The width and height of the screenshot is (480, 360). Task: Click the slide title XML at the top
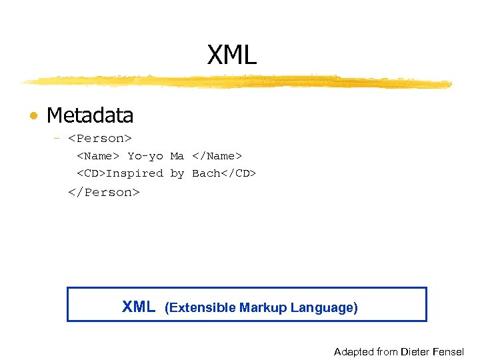(231, 55)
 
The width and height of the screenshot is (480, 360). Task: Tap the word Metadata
(90, 115)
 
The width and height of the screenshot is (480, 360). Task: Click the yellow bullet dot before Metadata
(33, 117)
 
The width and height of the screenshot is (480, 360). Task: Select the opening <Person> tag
(100, 139)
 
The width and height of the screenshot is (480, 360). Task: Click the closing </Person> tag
(103, 192)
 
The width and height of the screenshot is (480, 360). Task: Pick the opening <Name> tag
(98, 156)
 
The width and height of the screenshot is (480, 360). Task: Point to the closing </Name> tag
(217, 156)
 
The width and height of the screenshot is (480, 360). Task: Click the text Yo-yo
(145, 156)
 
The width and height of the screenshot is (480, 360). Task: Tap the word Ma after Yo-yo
(177, 156)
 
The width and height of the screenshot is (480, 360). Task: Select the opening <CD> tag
(91, 173)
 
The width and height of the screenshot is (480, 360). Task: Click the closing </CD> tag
(239, 173)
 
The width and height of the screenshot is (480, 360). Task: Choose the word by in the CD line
(177, 173)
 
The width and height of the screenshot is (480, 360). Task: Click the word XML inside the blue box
(139, 307)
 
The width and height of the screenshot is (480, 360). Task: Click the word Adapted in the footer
(354, 351)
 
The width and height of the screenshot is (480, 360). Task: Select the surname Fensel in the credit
(449, 351)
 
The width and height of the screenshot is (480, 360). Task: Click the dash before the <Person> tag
(57, 139)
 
